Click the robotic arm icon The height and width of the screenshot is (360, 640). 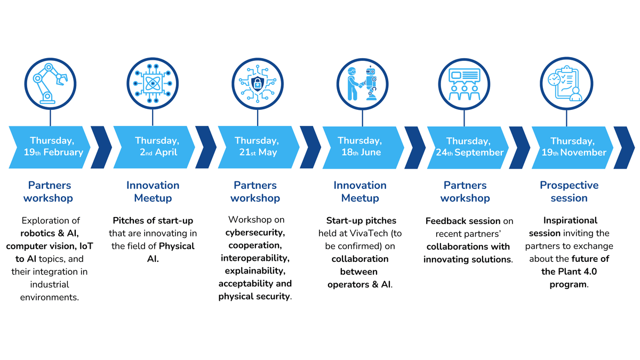coord(50,84)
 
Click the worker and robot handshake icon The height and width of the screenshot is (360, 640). coord(361,84)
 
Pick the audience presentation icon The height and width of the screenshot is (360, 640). coord(464,84)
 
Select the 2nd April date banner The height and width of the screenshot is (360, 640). coord(156,147)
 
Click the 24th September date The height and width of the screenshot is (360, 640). coord(467,147)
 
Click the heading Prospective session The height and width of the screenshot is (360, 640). coord(569,191)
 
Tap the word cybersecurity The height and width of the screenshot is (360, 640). coord(255,233)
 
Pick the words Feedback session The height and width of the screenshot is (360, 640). coord(463,221)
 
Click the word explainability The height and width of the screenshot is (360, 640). coord(255,271)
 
